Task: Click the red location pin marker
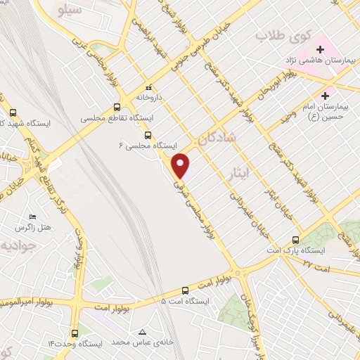pyautogui.click(x=182, y=166)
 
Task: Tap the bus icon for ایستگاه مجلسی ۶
pyautogui.click(x=148, y=136)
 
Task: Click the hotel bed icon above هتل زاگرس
pyautogui.click(x=32, y=217)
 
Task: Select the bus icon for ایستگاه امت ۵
pyautogui.click(x=185, y=290)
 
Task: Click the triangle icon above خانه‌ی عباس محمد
pyautogui.click(x=143, y=332)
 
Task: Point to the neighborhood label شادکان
pyautogui.click(x=219, y=140)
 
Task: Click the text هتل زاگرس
pyautogui.click(x=31, y=229)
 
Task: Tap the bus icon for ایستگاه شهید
pyautogui.click(x=13, y=112)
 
